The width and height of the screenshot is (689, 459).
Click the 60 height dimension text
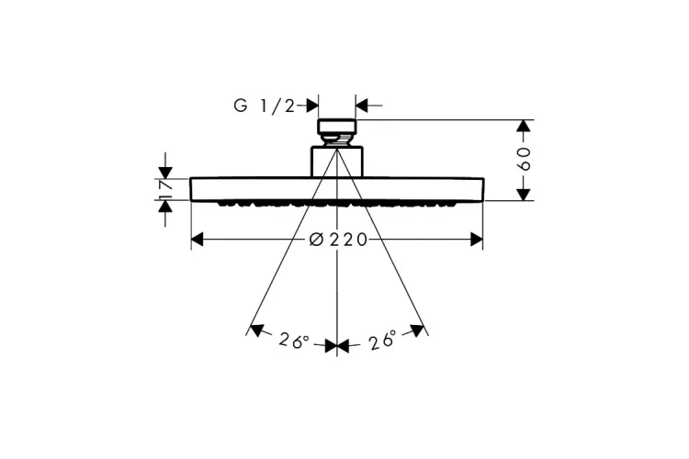coord(525,160)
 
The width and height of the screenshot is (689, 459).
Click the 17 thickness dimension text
coord(165,188)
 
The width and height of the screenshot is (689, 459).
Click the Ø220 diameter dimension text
coord(338,240)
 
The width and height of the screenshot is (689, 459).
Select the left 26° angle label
coord(294,341)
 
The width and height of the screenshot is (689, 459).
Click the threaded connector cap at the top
coord(336,128)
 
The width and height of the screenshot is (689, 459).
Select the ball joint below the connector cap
coord(337,141)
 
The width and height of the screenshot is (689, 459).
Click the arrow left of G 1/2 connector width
coord(311,106)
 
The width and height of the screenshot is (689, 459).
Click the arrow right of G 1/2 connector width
coord(362,106)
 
